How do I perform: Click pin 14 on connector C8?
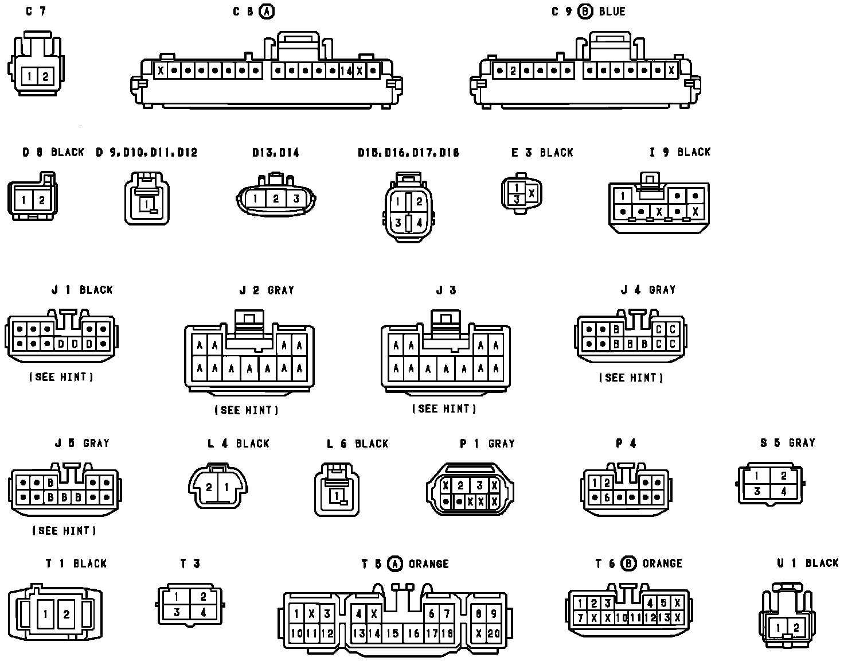pos(345,71)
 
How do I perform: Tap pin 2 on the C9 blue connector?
pos(513,71)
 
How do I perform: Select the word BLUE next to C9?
pos(612,11)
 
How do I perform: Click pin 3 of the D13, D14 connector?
pos(296,199)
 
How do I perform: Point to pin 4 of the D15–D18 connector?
pos(419,223)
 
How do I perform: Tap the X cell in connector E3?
pos(532,193)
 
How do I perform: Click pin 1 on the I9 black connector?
pos(623,196)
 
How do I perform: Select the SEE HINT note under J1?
pos(61,377)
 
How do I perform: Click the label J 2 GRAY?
pos(267,290)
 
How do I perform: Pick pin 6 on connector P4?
pos(607,497)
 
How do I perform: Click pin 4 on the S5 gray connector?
pos(783,491)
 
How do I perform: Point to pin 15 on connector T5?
pos(392,633)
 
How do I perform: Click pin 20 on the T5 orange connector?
pos(494,633)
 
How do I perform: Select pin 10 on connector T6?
pos(622,618)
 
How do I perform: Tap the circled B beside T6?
pos(628,564)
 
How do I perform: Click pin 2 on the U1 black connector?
pos(796,628)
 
